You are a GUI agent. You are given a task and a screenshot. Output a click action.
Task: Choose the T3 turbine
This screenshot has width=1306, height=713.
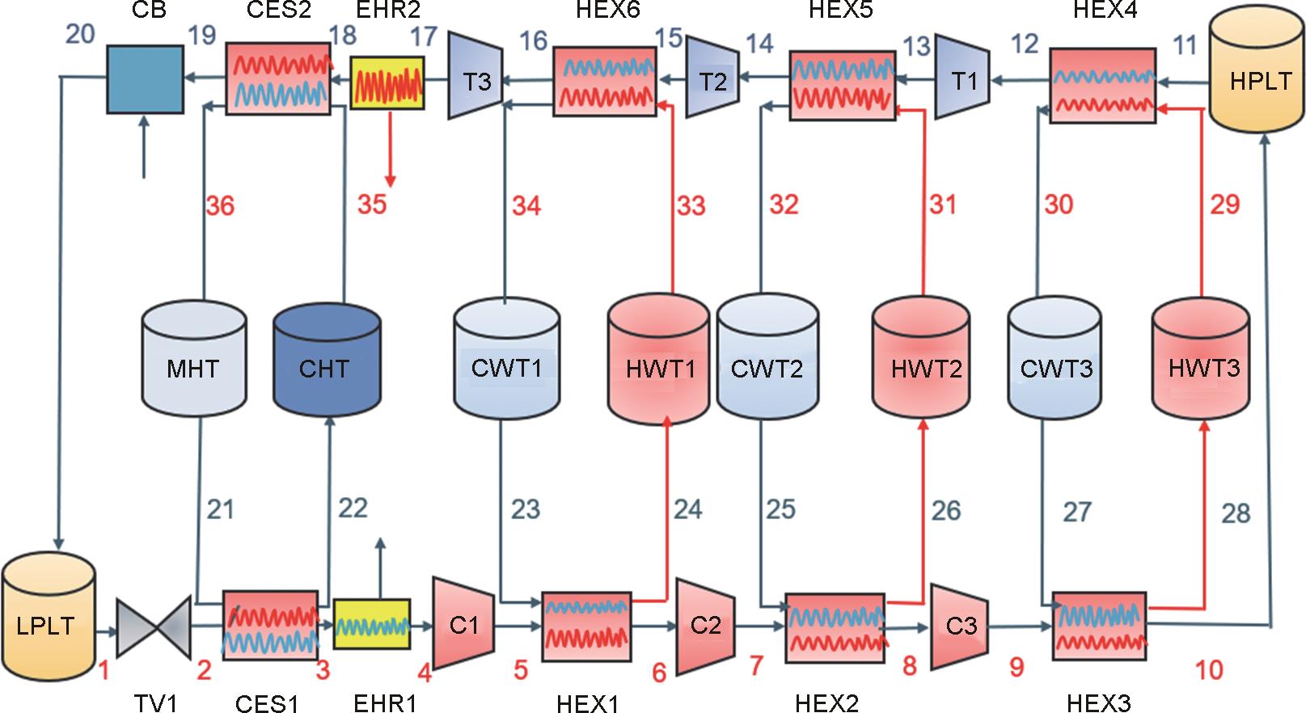click(x=475, y=80)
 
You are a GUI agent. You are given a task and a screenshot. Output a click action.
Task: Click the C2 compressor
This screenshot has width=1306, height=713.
click(x=704, y=625)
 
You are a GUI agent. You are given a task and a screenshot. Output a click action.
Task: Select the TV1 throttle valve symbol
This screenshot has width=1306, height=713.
click(x=154, y=627)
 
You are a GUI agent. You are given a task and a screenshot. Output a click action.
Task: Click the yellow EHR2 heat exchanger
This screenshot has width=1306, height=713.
click(x=387, y=82)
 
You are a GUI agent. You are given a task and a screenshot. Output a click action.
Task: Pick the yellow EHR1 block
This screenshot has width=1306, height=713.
click(x=372, y=626)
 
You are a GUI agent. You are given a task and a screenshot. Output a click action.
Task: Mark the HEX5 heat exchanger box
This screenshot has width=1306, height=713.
click(x=842, y=85)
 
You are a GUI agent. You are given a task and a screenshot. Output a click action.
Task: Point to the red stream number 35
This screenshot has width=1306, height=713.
click(x=372, y=205)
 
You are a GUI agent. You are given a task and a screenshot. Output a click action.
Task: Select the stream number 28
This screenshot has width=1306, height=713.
click(x=1235, y=513)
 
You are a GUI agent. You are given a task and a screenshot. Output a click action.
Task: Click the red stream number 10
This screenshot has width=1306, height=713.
click(x=1209, y=669)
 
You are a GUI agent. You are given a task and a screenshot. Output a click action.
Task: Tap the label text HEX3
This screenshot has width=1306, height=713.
click(x=1098, y=702)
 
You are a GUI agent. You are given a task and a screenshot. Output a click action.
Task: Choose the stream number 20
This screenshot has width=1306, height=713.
click(x=79, y=35)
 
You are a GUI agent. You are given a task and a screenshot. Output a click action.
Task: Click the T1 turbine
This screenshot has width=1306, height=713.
click(x=962, y=80)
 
